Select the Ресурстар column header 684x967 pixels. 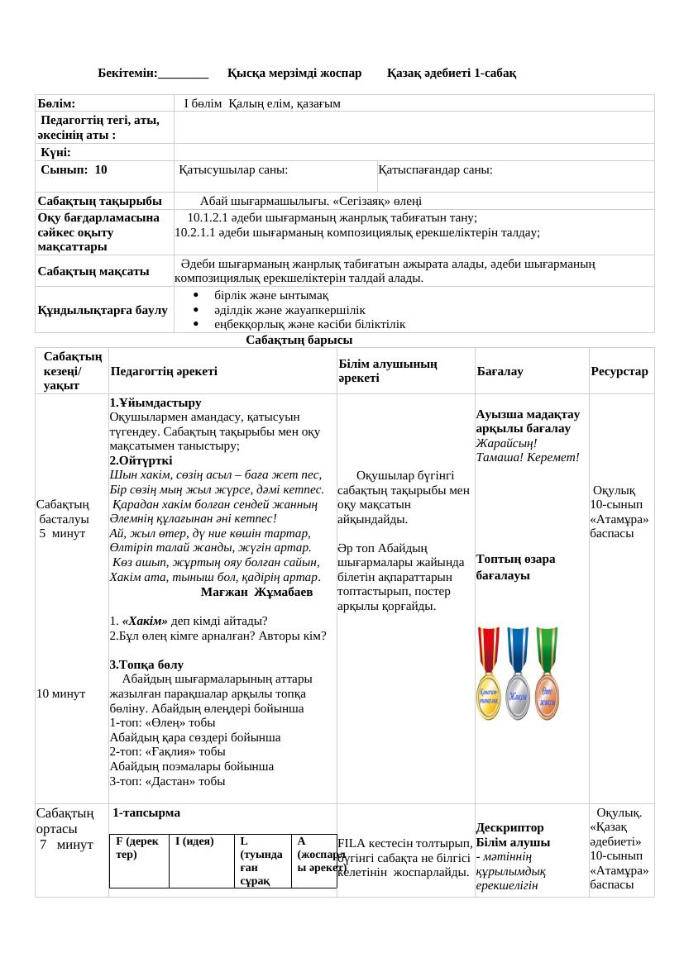point(619,372)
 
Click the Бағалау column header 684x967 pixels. point(500,372)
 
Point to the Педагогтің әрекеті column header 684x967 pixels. point(164,372)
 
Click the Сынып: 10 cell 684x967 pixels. point(74,169)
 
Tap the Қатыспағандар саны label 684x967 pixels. point(436,169)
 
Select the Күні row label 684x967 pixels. point(55,153)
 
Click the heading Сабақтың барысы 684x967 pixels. point(299,341)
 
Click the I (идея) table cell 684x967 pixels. point(194,841)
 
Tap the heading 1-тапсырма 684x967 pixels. point(146,813)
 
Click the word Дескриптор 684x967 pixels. point(510,827)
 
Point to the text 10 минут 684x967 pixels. point(61,694)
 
